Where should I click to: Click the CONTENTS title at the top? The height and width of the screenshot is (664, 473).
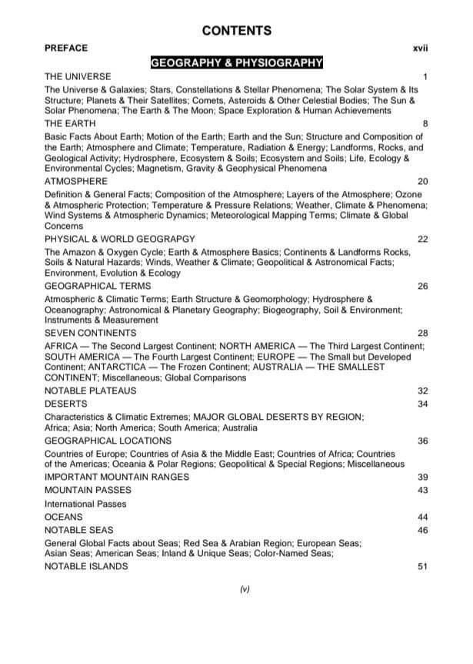(236, 31)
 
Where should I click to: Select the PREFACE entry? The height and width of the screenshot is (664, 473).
(66, 48)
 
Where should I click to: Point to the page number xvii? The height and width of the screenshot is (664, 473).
(420, 49)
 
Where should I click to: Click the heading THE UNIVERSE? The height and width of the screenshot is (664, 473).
(78, 77)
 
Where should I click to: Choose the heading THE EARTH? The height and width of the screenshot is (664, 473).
(70, 123)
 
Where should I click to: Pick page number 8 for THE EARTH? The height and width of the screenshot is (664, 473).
(425, 123)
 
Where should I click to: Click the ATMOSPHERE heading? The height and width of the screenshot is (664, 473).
(75, 181)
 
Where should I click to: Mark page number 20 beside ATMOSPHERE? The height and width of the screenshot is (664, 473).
(422, 181)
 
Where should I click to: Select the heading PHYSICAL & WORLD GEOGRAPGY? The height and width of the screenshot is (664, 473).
(119, 239)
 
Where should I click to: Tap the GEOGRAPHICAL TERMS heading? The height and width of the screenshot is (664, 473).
(98, 286)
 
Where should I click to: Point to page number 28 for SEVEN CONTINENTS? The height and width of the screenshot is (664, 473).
(422, 333)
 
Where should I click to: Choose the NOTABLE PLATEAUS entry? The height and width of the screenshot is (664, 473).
(88, 391)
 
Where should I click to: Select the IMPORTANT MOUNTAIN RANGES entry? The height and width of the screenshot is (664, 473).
(116, 477)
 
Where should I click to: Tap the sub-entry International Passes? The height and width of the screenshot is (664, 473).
(85, 504)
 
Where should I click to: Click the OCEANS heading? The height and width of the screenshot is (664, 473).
(63, 517)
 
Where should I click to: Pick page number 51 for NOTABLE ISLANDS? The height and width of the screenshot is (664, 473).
(422, 567)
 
